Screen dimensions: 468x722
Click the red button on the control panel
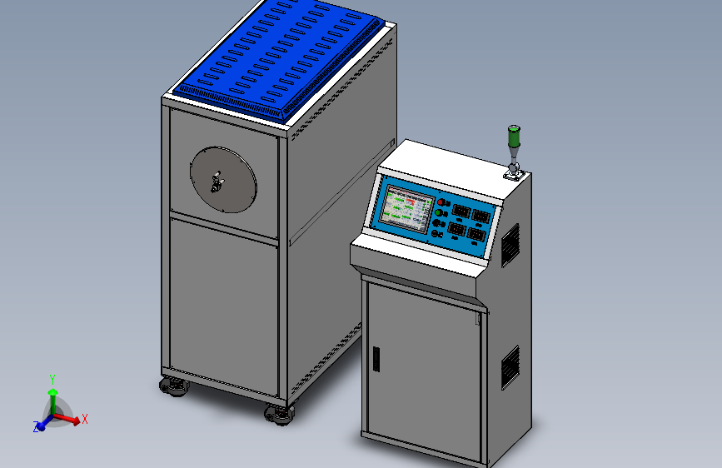[441, 203]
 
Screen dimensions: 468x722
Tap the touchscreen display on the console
[406, 208]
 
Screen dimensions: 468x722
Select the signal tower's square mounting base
[512, 174]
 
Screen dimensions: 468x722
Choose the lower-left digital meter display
[457, 228]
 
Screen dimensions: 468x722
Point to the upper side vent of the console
[510, 243]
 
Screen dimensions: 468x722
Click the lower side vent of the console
[510, 367]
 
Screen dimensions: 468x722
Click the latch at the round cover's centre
[218, 180]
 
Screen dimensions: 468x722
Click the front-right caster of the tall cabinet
[279, 414]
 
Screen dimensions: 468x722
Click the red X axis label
[85, 419]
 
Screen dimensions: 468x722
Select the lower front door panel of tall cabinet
[223, 304]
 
